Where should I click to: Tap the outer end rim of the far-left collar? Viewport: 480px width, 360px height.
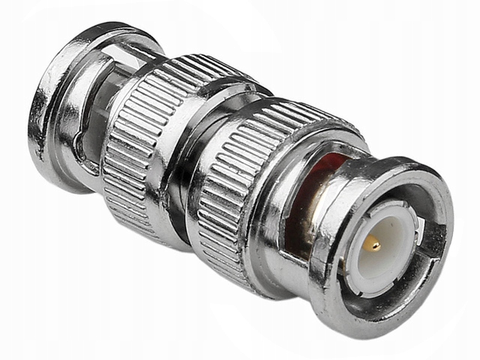point(41,112)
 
